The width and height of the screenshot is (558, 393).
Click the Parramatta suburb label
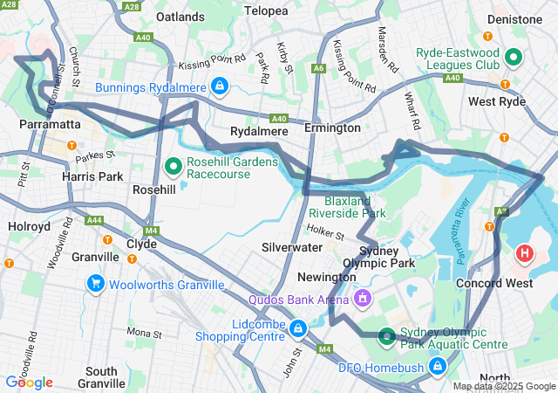click(x=50, y=126)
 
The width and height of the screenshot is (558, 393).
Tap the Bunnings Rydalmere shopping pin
click(x=220, y=86)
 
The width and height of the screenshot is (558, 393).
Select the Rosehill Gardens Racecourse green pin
click(x=173, y=165)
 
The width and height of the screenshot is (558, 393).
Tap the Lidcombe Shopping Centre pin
click(x=299, y=328)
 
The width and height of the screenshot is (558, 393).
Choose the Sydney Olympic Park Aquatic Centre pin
click(x=386, y=336)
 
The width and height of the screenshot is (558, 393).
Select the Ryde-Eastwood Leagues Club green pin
click(x=514, y=59)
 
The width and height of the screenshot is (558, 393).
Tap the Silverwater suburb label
click(x=291, y=247)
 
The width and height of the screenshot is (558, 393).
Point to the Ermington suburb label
click(x=332, y=128)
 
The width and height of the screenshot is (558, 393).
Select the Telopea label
click(x=266, y=10)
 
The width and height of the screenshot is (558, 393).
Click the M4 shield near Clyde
click(x=152, y=231)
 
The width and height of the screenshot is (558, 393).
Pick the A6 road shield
click(x=320, y=67)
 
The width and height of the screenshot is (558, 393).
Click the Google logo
click(x=29, y=382)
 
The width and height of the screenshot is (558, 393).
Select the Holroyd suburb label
click(x=29, y=225)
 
